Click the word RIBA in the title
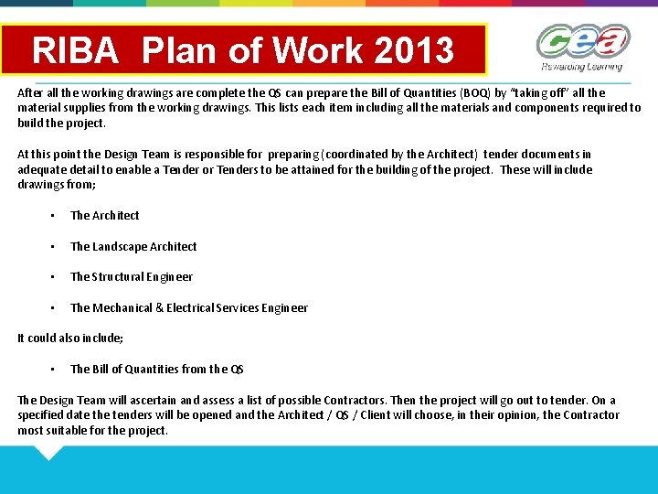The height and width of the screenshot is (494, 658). pos(76,50)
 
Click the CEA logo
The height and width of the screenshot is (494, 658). pos(582,42)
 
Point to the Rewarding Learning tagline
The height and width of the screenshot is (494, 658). pos(581,68)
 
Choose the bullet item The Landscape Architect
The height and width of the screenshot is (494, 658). pos(133,246)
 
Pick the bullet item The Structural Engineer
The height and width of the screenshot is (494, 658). pos(132,277)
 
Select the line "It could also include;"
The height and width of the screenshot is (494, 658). pos(70,338)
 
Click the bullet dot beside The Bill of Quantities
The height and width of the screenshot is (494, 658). pos(54,370)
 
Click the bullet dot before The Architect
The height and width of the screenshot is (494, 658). pos(54,216)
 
